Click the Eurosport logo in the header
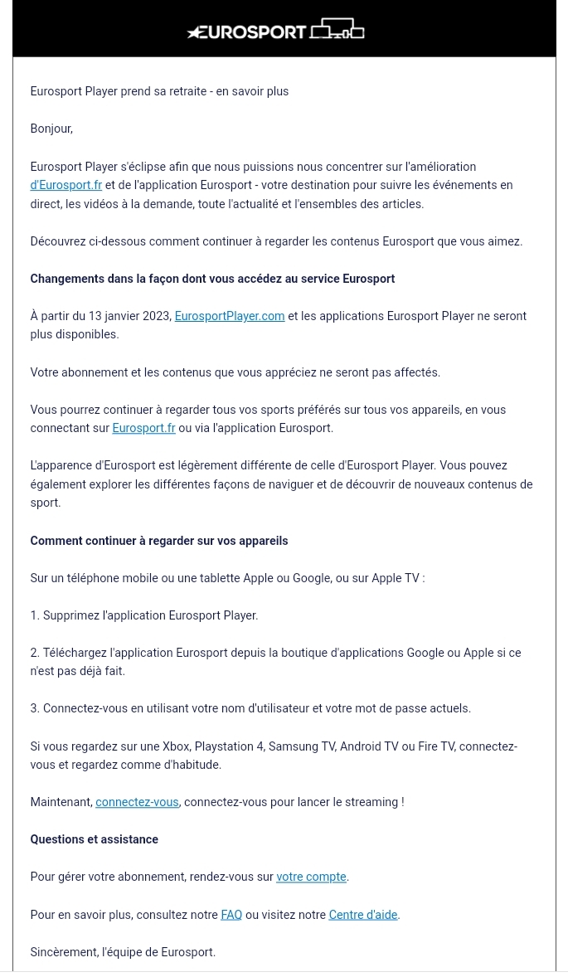click(246, 32)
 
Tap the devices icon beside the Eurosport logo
click(337, 31)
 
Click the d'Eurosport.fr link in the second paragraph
click(66, 185)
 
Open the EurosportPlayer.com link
click(230, 316)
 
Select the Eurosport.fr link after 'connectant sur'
click(143, 428)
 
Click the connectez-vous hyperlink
click(137, 802)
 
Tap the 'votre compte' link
click(311, 877)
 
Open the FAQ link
click(231, 915)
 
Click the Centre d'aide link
click(363, 915)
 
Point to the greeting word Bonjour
click(51, 129)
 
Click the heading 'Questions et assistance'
click(94, 839)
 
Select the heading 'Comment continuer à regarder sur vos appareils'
click(159, 541)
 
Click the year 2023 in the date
click(158, 316)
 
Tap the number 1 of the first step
click(34, 615)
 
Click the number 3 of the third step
click(34, 708)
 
